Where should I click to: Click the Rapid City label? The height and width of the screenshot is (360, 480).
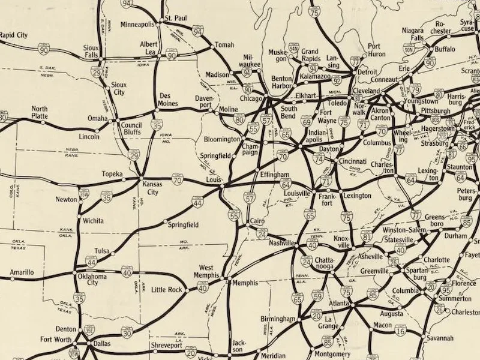click(x=14, y=35)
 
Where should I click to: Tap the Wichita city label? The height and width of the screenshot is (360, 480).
click(x=94, y=220)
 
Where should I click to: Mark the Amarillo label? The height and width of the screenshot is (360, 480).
click(x=22, y=272)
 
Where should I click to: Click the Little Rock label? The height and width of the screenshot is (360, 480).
click(x=166, y=290)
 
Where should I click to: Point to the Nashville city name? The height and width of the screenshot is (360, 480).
click(x=281, y=244)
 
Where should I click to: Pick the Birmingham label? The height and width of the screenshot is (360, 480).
click(x=278, y=319)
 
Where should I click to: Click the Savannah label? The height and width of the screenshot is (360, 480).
click(x=440, y=338)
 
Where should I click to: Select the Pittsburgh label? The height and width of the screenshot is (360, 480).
click(x=435, y=112)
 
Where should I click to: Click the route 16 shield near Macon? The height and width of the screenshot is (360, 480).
click(x=400, y=330)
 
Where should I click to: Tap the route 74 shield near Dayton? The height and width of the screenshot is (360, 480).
click(x=319, y=158)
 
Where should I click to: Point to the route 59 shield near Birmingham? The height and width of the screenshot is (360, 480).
click(x=317, y=296)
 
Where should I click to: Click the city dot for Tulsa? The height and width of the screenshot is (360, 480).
click(x=112, y=254)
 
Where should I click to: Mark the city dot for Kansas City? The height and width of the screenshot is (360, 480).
click(x=142, y=179)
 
